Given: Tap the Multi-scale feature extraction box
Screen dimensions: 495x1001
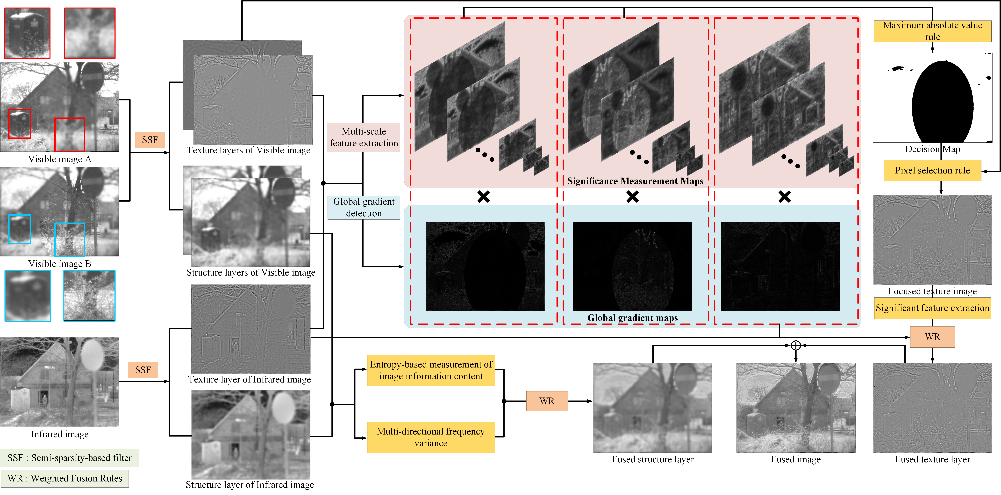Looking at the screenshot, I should point(364,137).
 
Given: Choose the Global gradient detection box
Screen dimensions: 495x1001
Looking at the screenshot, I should point(364,207).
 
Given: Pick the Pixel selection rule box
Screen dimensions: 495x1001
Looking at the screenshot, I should point(932,170).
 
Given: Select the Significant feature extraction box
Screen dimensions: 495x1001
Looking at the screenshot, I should point(932,308).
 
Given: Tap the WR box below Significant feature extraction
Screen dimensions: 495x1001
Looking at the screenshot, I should point(932,337).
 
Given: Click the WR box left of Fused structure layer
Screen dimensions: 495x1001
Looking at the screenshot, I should point(547,401).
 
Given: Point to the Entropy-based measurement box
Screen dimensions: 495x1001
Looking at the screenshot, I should point(431,370).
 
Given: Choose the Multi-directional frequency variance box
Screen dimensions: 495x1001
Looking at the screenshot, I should point(431,437).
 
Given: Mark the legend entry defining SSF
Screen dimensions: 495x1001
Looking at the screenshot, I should point(70,458).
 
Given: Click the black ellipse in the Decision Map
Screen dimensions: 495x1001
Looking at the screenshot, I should point(942,103).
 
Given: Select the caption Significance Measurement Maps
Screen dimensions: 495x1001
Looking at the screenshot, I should point(635,181).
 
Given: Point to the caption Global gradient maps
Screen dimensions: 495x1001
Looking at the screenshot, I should point(632,318).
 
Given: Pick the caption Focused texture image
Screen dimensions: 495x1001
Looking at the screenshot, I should point(932,291).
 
